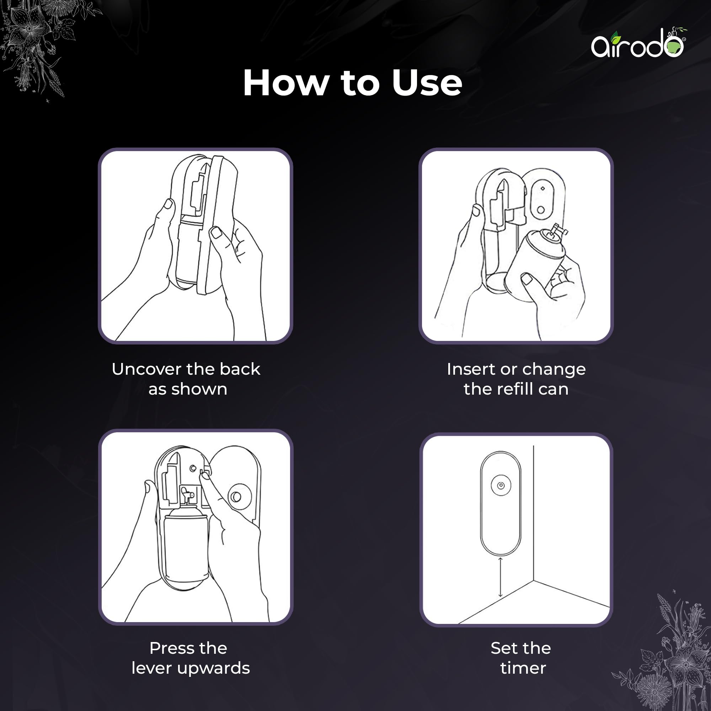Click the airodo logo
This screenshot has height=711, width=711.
tap(639, 43)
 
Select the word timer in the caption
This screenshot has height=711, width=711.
tap(523, 668)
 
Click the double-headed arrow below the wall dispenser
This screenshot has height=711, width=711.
tap(500, 577)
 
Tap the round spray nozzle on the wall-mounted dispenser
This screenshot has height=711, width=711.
tap(501, 485)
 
